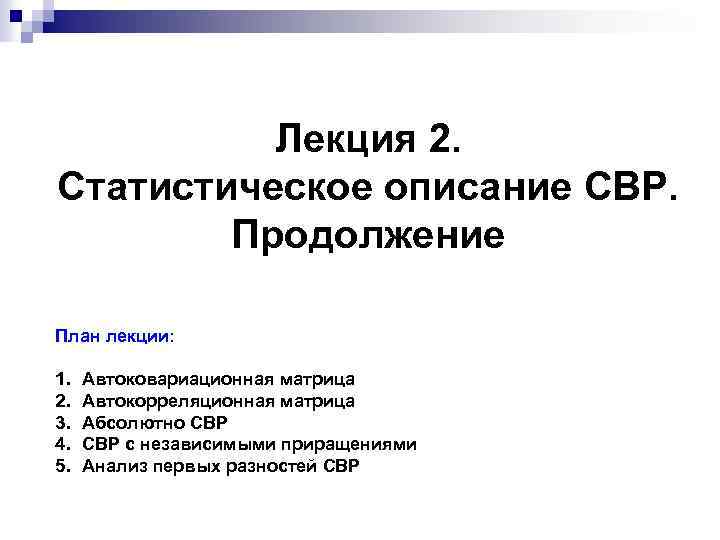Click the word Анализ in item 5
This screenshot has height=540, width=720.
(111, 465)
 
